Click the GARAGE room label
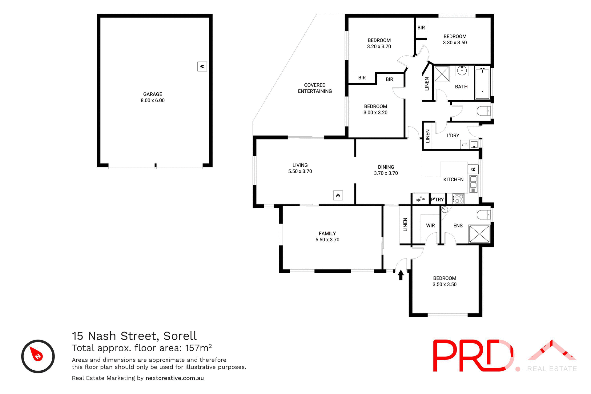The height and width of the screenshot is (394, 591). pyautogui.click(x=152, y=94)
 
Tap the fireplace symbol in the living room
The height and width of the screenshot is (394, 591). pyautogui.click(x=338, y=195)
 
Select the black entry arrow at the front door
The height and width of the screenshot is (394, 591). pyautogui.click(x=401, y=275)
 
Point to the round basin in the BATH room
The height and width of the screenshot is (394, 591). pyautogui.click(x=462, y=70)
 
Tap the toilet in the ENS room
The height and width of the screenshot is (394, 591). pyautogui.click(x=484, y=214)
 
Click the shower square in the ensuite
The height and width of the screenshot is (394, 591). pyautogui.click(x=479, y=234)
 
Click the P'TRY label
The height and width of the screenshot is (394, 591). pyautogui.click(x=437, y=199)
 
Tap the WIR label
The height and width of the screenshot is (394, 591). pyautogui.click(x=430, y=226)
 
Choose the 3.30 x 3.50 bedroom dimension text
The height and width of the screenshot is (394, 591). pyautogui.click(x=455, y=43)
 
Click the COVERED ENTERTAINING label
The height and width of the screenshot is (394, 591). pyautogui.click(x=315, y=88)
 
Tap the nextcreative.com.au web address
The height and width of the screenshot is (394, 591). pyautogui.click(x=175, y=378)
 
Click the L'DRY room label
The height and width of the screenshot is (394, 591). pyautogui.click(x=452, y=135)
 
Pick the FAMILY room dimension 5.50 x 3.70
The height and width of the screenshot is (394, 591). pyautogui.click(x=327, y=240)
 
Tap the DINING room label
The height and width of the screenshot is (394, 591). pyautogui.click(x=386, y=167)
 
